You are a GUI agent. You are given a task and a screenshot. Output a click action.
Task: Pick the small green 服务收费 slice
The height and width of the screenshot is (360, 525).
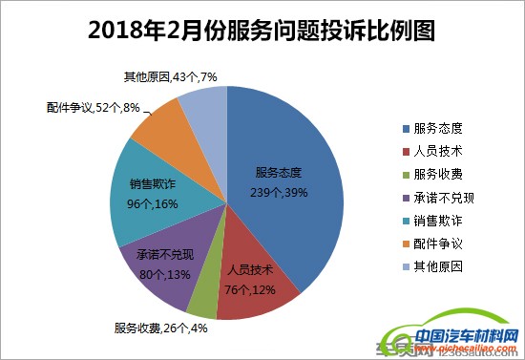coord(203,300)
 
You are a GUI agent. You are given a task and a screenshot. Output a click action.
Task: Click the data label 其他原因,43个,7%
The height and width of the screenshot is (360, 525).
coord(172,76)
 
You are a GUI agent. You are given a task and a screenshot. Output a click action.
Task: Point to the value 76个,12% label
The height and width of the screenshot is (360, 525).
coord(248,287)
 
